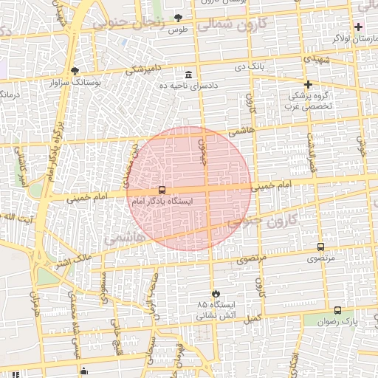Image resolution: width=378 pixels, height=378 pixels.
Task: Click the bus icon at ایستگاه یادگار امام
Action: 162,190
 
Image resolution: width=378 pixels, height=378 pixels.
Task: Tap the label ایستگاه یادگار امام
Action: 162,201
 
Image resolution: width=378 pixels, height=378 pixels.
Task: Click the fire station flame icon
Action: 215,293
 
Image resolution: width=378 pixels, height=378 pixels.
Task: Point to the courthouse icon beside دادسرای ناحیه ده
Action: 189,75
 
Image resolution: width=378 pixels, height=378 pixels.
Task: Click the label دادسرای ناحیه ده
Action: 189,86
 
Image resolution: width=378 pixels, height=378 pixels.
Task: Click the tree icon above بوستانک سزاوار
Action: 75,72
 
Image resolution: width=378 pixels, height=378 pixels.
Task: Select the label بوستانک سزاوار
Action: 75,82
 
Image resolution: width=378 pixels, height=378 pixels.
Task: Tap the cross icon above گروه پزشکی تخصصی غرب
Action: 308,84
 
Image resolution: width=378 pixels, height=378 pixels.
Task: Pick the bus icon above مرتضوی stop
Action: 320,247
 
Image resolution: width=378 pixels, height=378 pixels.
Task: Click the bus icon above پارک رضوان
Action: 338,311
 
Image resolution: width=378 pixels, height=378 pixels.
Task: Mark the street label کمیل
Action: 253,318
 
